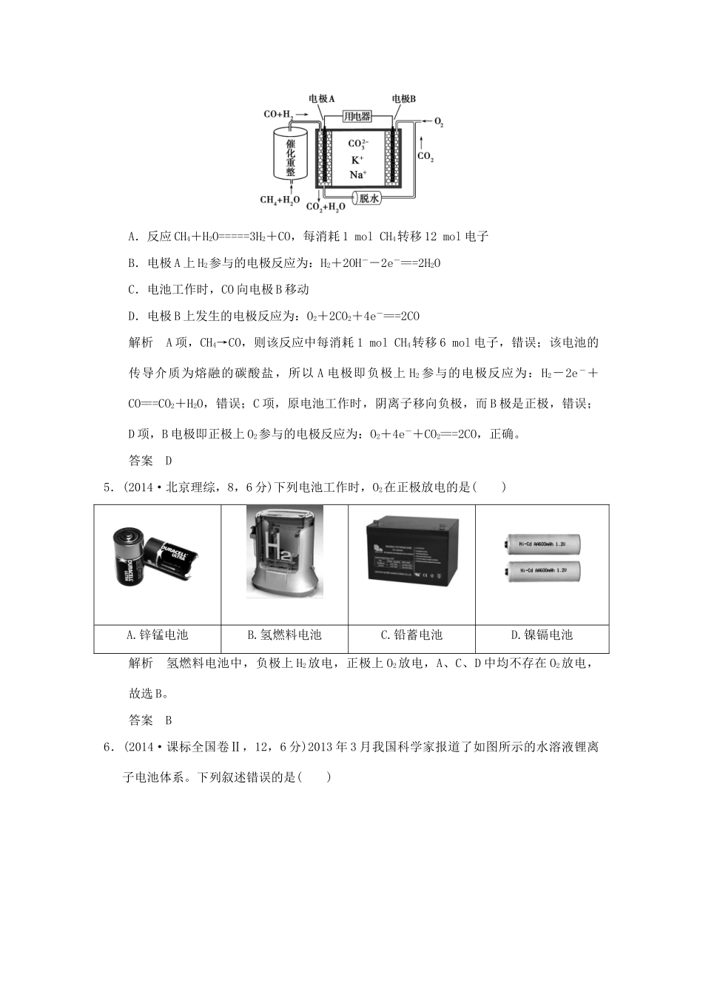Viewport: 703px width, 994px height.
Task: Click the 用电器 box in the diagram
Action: pos(357,117)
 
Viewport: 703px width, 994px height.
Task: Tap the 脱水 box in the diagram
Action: pos(369,198)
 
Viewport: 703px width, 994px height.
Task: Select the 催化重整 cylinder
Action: pos(290,155)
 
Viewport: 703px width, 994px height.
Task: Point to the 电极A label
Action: pos(322,98)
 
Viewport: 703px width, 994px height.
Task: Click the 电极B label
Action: pos(403,98)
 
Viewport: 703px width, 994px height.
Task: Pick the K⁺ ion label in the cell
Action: pos(357,160)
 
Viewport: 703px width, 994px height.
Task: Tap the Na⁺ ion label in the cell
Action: pos(357,175)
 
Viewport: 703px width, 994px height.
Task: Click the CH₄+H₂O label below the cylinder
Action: pos(280,200)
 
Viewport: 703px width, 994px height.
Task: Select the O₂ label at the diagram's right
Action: pos(438,123)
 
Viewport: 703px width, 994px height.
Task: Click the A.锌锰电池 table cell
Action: pos(158,635)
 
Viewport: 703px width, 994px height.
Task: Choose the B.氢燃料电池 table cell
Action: pos(284,635)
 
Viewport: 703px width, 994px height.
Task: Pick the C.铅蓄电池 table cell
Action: pos(411,635)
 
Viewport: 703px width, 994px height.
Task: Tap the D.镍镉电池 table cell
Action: pos(542,635)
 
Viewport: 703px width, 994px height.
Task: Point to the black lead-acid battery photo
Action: pos(412,551)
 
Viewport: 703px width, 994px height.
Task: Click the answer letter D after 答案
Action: pos(168,460)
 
